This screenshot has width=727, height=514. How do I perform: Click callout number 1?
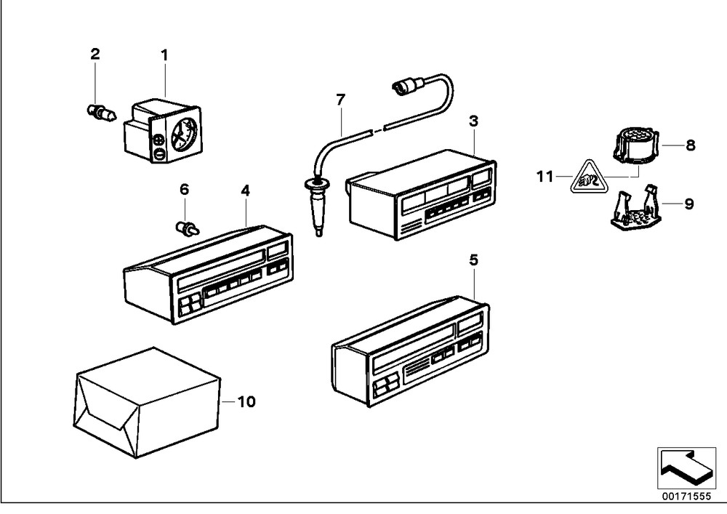coord(164,55)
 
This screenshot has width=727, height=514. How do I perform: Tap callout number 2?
coord(95,54)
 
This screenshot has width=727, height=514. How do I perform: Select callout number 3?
coord(473,121)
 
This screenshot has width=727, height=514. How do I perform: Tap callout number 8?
coord(690,145)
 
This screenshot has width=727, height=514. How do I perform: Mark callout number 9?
coord(689,204)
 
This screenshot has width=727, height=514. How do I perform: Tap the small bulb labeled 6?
coord(188,229)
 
